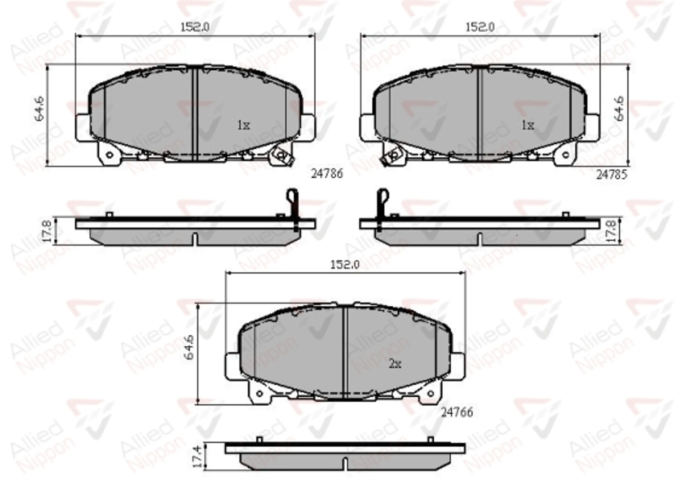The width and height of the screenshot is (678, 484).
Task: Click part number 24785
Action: coord(612,174)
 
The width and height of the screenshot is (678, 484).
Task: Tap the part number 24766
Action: coord(457,412)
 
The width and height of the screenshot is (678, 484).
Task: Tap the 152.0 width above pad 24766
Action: coord(345,265)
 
